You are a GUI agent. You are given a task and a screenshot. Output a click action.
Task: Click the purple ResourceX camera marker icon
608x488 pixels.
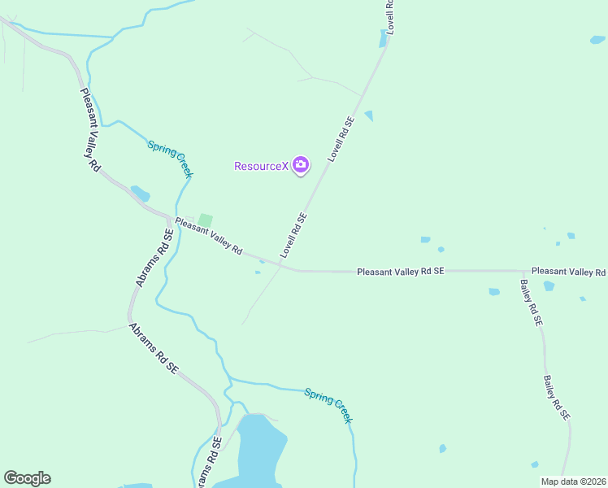301,166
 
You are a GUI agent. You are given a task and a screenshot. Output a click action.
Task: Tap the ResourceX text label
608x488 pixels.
261,167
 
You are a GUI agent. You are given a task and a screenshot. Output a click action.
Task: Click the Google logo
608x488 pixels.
27,478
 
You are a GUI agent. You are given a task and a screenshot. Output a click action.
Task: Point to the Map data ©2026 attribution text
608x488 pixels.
573,481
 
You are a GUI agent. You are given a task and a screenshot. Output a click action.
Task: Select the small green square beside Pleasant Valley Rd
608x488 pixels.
205,220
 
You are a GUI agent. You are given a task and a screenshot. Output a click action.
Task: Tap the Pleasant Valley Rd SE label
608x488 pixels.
401,270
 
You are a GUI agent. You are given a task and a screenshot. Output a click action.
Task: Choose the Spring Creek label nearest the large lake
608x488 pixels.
328,405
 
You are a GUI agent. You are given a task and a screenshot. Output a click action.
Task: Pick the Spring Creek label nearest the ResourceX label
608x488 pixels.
170,159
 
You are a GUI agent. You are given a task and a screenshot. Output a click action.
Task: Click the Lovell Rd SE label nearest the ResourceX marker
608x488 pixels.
341,138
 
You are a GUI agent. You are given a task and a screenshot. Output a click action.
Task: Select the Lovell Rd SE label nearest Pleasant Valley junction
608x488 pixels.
293,235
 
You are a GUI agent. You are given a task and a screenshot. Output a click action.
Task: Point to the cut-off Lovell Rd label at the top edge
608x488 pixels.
389,15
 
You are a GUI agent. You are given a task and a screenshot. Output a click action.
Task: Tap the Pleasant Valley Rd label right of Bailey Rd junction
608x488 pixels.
568,271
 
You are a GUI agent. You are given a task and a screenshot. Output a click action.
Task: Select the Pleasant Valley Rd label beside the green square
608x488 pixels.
209,236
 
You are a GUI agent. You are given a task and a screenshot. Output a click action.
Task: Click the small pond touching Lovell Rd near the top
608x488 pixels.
384,38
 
